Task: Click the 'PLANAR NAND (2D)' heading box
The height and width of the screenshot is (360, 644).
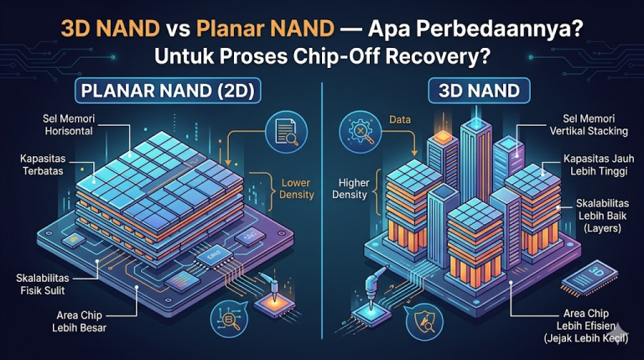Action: pos(168,91)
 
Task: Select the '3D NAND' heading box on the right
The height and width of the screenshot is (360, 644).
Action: pos(479,91)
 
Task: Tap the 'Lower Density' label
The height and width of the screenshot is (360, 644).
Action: pos(297,189)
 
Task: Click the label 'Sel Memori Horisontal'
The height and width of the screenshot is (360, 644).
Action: pos(69,125)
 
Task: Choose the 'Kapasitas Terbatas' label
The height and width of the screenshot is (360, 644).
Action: pos(43,164)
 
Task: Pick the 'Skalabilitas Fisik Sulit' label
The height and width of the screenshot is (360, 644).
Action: pos(43,284)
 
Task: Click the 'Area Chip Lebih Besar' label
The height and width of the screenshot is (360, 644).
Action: pos(80,321)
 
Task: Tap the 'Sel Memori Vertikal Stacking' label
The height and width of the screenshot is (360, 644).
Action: pos(589,125)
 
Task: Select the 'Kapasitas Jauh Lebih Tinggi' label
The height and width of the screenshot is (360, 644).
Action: pos(599,164)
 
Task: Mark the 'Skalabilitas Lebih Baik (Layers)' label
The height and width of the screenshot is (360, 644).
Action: pos(603,216)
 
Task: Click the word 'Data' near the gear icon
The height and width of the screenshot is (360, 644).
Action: pos(400,120)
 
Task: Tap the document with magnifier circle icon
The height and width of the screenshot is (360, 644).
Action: pos(286,132)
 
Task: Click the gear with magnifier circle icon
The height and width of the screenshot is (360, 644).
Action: pos(361,132)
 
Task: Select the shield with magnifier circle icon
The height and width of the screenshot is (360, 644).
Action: pos(423,321)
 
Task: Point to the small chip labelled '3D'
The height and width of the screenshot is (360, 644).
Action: pos(589,278)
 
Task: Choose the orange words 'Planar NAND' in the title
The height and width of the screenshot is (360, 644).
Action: pos(265,29)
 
